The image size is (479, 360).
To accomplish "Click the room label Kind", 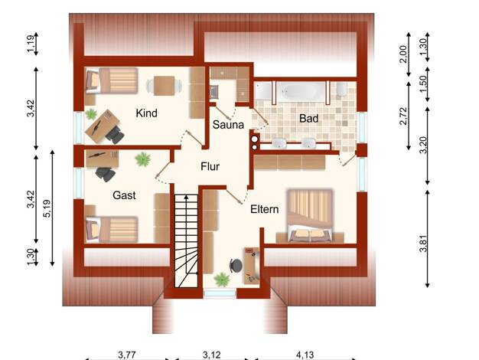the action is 147,113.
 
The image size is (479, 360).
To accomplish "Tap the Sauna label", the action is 228,125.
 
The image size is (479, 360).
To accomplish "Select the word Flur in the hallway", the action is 210,166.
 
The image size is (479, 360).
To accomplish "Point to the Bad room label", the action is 309,119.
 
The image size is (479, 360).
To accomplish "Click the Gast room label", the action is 124,195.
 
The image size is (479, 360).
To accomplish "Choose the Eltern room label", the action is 265,209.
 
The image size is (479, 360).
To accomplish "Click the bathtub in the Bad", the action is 301,91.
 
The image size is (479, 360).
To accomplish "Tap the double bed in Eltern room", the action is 310,216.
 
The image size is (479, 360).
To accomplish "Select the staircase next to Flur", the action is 187,241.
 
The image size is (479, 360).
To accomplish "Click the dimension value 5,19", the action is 47,208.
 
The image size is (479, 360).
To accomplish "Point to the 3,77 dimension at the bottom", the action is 127,355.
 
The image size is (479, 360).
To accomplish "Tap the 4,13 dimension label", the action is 305,355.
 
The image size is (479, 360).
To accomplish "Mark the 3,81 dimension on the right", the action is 423,244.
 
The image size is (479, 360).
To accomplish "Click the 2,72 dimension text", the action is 403,116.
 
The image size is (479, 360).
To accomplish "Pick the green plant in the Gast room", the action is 143,159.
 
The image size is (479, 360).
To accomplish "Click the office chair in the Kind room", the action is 115,135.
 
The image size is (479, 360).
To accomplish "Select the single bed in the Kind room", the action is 112,80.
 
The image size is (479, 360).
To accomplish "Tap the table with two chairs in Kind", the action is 164,86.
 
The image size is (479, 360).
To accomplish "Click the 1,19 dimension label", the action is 31,44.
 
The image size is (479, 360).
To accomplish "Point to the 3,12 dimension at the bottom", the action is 212,355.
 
